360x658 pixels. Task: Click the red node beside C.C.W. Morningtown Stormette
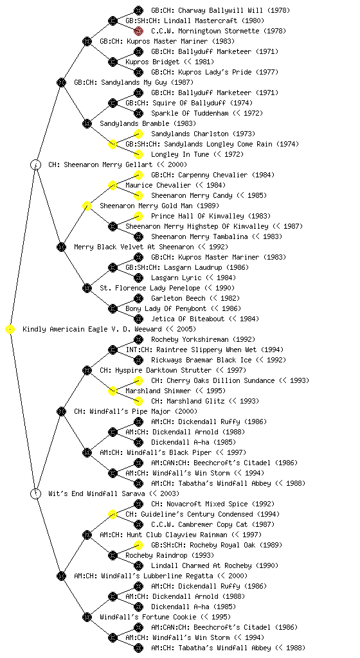coord(138,31)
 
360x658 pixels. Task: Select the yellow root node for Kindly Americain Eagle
coord(10,330)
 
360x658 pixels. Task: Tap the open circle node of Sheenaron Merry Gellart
coord(36,164)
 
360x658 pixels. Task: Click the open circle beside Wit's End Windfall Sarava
coord(36,493)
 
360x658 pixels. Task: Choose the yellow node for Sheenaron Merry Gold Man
coord(87,206)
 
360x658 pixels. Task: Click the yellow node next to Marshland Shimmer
coord(113,391)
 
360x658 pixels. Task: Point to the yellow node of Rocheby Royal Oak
coord(138,545)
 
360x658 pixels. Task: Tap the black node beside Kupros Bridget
coord(113,62)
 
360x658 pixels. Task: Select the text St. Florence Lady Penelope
coord(150,288)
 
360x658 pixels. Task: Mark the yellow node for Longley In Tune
coord(138,154)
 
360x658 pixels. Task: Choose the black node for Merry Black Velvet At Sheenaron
coord(61,247)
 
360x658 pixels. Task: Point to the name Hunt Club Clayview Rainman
coord(177,535)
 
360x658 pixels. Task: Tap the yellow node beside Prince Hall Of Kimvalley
coord(138,216)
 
